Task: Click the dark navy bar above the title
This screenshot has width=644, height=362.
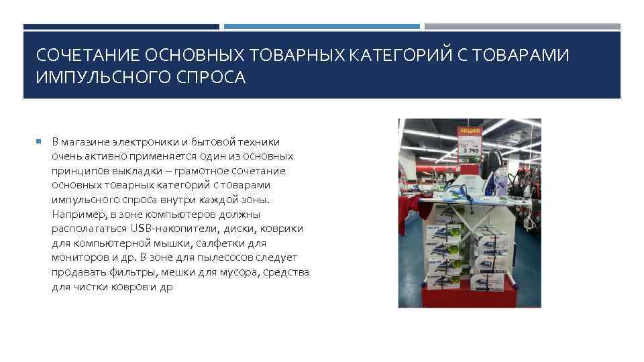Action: [121, 27]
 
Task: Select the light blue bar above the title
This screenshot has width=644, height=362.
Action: [322, 27]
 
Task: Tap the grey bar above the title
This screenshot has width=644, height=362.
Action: [523, 27]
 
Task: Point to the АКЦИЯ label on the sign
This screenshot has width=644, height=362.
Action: [468, 131]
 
